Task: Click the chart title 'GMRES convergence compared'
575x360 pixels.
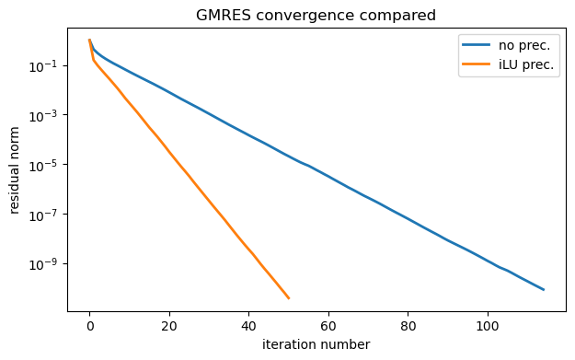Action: (316, 15)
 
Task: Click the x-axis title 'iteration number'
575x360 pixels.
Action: (316, 344)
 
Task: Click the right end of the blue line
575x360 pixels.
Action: (544, 289)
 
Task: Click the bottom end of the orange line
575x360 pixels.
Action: (289, 298)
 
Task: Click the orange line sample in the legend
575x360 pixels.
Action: (477, 65)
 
